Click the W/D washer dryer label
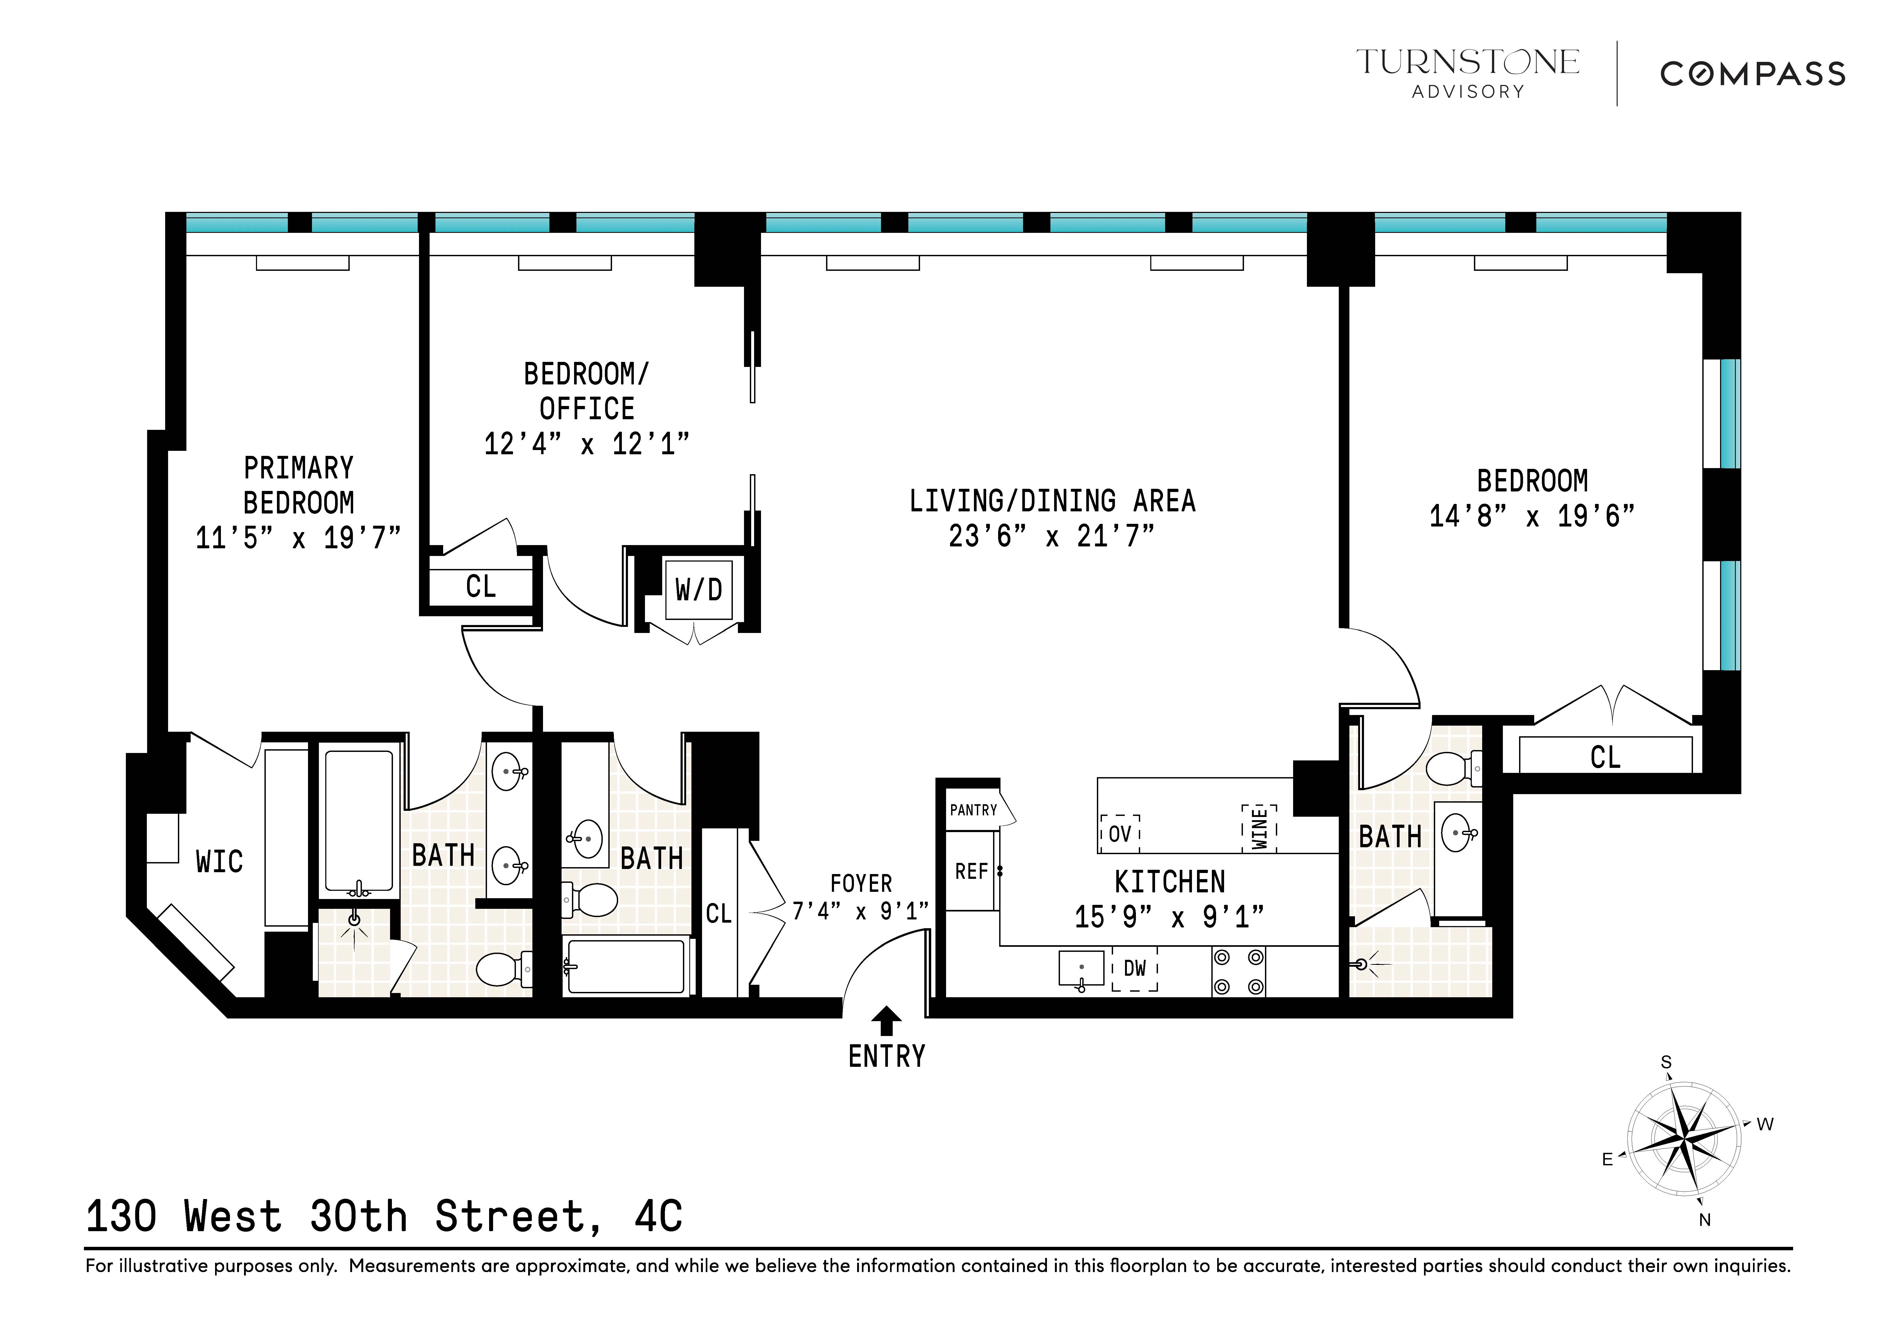tap(698, 589)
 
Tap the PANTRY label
tap(973, 810)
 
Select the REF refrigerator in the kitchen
tap(971, 872)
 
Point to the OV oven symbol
tap(1119, 834)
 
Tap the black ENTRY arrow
tap(886, 1021)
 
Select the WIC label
tap(219, 862)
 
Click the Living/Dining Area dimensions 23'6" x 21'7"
tap(1051, 536)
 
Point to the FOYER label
tap(861, 884)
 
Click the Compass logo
tap(1752, 74)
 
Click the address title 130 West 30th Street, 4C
tap(384, 1217)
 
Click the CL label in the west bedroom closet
tap(1605, 757)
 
